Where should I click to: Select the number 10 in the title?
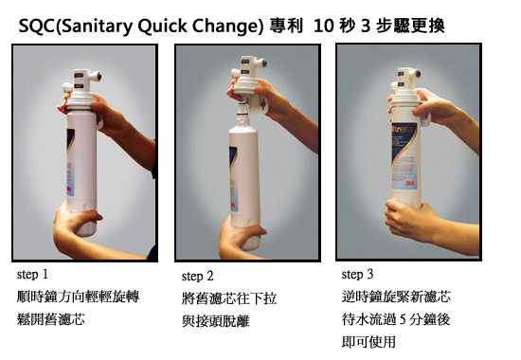tap(323, 26)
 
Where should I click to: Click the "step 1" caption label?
tap(32, 275)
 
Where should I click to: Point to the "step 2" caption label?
tap(197, 276)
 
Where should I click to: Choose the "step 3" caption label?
tap(357, 274)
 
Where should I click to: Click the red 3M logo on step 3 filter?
tap(410, 183)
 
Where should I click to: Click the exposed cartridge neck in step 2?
tap(243, 114)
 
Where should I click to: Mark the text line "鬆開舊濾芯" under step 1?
tap(51, 319)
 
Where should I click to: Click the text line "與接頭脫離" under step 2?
tap(216, 321)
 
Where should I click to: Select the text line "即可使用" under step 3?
tap(368, 342)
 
